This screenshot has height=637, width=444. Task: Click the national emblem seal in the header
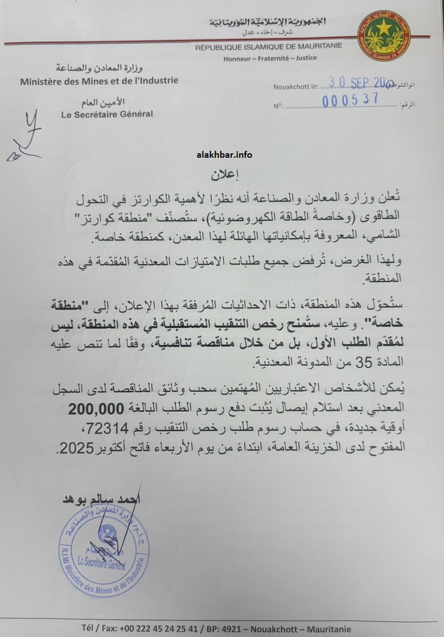coord(384,35)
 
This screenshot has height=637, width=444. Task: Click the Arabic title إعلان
coord(222,174)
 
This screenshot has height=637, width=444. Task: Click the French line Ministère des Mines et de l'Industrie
coord(99,81)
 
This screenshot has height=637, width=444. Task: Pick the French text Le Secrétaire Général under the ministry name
coord(107,114)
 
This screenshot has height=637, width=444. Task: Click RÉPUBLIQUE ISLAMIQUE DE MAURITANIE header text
coord(275,47)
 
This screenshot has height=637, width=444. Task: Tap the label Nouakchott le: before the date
coord(296,87)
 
